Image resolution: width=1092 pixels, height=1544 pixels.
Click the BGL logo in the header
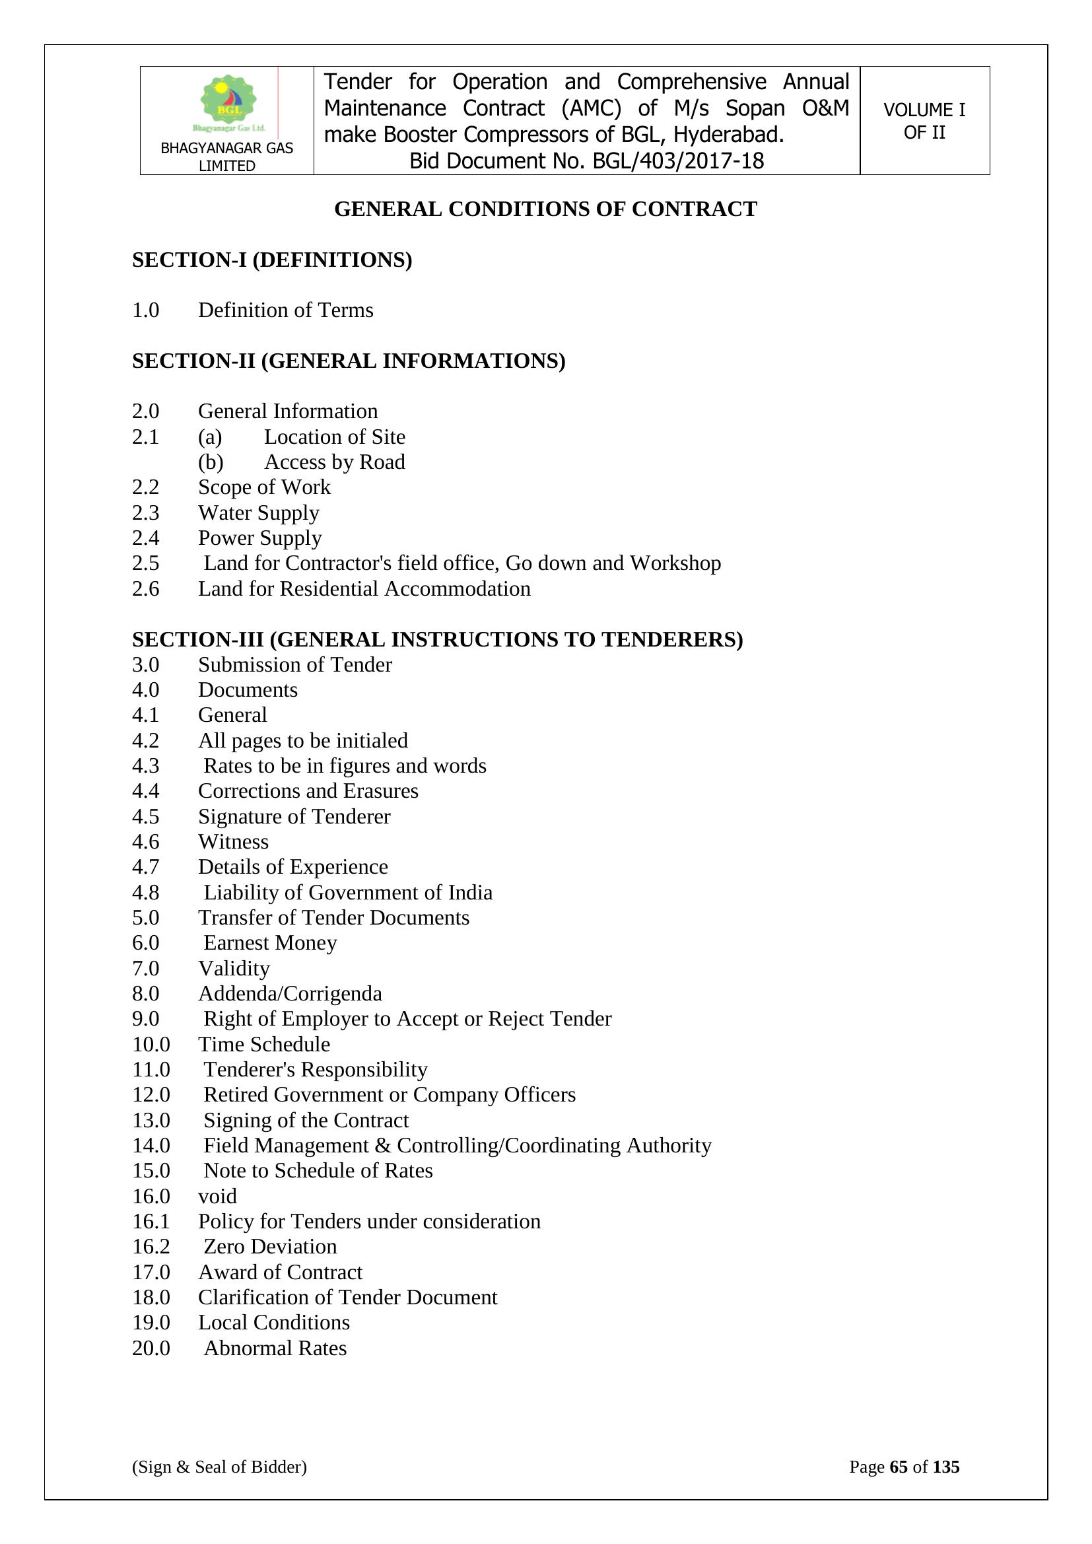(x=228, y=102)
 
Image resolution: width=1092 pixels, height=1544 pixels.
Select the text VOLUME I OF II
(x=924, y=121)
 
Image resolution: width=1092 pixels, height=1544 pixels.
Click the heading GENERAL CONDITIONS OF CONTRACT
(x=545, y=209)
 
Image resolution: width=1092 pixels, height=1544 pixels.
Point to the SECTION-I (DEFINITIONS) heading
(x=271, y=260)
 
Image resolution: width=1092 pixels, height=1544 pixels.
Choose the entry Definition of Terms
(x=285, y=310)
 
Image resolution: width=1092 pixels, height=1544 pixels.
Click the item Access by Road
(x=334, y=462)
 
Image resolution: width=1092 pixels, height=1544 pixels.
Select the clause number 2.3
(x=145, y=512)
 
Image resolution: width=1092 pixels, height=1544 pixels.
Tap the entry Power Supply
(x=259, y=538)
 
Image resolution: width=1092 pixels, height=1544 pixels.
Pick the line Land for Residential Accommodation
(x=364, y=588)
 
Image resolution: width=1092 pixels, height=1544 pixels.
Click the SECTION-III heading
(x=437, y=639)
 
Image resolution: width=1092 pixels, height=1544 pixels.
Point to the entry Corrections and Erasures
(x=308, y=791)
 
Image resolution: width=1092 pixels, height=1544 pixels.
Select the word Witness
(x=232, y=841)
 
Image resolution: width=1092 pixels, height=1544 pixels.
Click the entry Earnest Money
(x=269, y=943)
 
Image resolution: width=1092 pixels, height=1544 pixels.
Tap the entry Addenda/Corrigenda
(x=290, y=993)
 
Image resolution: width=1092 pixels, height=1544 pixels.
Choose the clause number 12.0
(x=151, y=1095)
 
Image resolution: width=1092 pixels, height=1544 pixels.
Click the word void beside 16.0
(x=217, y=1196)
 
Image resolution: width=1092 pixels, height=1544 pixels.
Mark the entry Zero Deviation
(x=269, y=1246)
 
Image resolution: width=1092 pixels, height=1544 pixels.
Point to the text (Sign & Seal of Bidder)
(x=219, y=1467)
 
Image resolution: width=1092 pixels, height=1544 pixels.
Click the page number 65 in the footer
(x=899, y=1467)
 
